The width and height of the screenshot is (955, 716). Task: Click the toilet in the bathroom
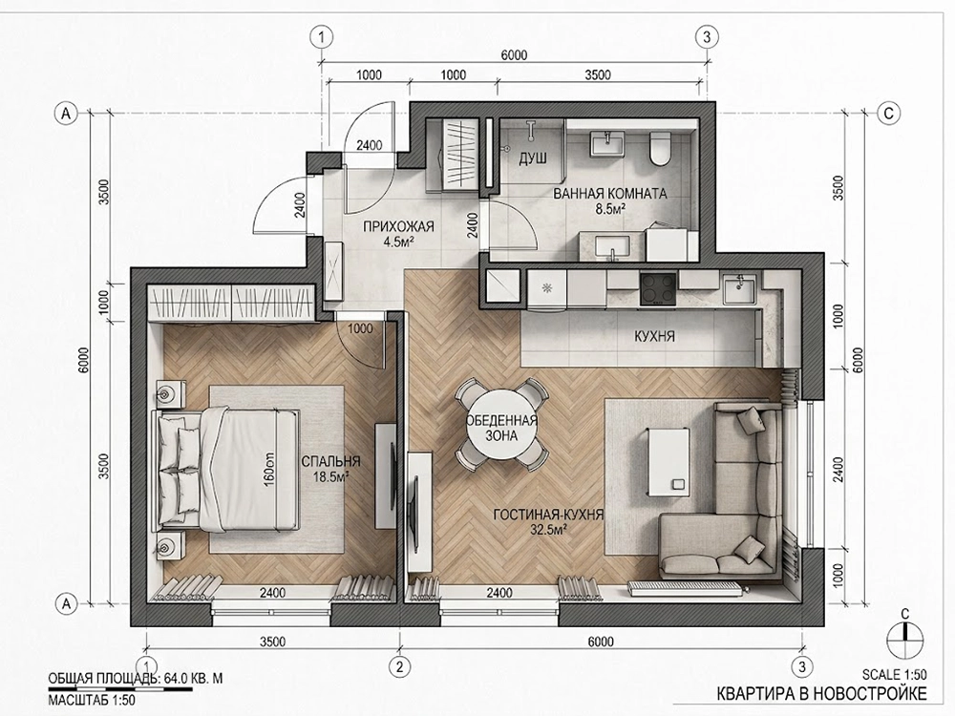[660, 149]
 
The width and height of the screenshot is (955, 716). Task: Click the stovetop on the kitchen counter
[658, 289]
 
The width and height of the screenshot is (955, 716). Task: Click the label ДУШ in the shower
[532, 158]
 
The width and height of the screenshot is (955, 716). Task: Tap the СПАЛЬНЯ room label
[330, 461]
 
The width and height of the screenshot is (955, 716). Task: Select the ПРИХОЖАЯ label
[398, 226]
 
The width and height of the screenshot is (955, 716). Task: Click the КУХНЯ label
[654, 336]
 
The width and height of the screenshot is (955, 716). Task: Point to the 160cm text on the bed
[269, 469]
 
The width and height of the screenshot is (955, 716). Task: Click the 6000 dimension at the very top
[514, 55]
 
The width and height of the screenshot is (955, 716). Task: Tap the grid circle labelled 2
[399, 666]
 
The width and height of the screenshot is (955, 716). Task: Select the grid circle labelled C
[889, 114]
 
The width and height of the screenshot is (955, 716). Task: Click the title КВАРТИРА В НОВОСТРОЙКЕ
[821, 693]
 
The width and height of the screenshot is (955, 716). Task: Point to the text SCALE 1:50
[895, 674]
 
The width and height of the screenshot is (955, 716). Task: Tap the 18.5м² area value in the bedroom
[330, 476]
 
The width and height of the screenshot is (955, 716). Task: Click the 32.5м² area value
[548, 529]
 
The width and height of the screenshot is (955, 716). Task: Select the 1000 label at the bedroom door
[360, 328]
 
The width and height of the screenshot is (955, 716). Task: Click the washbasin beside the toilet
[606, 145]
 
